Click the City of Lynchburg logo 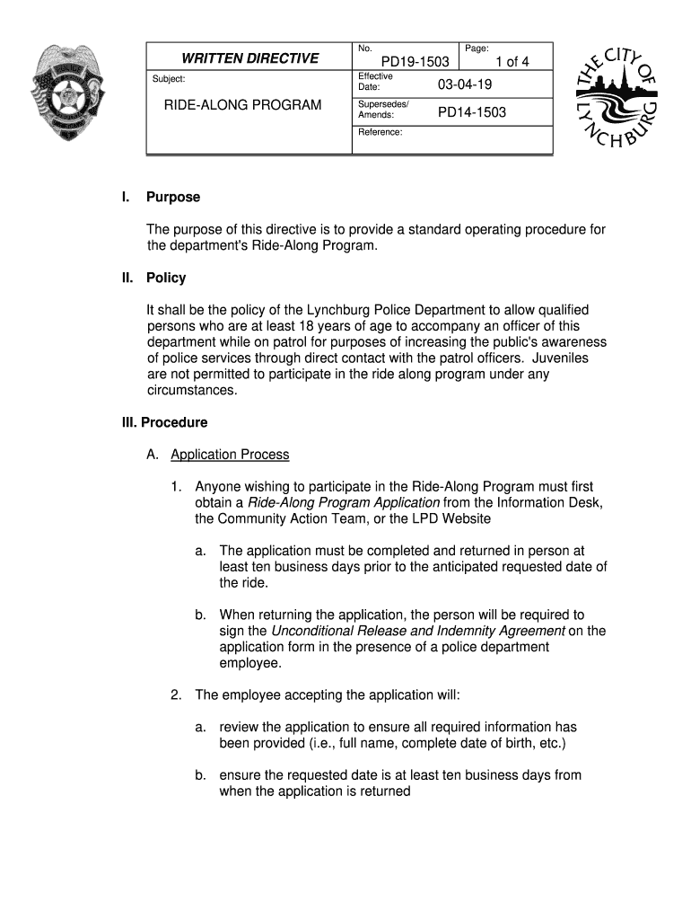click(x=617, y=98)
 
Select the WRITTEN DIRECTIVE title click(x=249, y=58)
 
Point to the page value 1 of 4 click(x=506, y=62)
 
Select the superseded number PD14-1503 click(x=471, y=112)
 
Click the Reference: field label click(x=380, y=132)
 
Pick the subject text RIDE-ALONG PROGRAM click(x=242, y=105)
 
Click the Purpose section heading click(x=173, y=197)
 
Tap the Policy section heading click(x=166, y=278)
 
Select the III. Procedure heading click(x=165, y=422)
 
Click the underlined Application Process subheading click(x=230, y=455)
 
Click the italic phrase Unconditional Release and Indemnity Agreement click(x=417, y=631)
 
